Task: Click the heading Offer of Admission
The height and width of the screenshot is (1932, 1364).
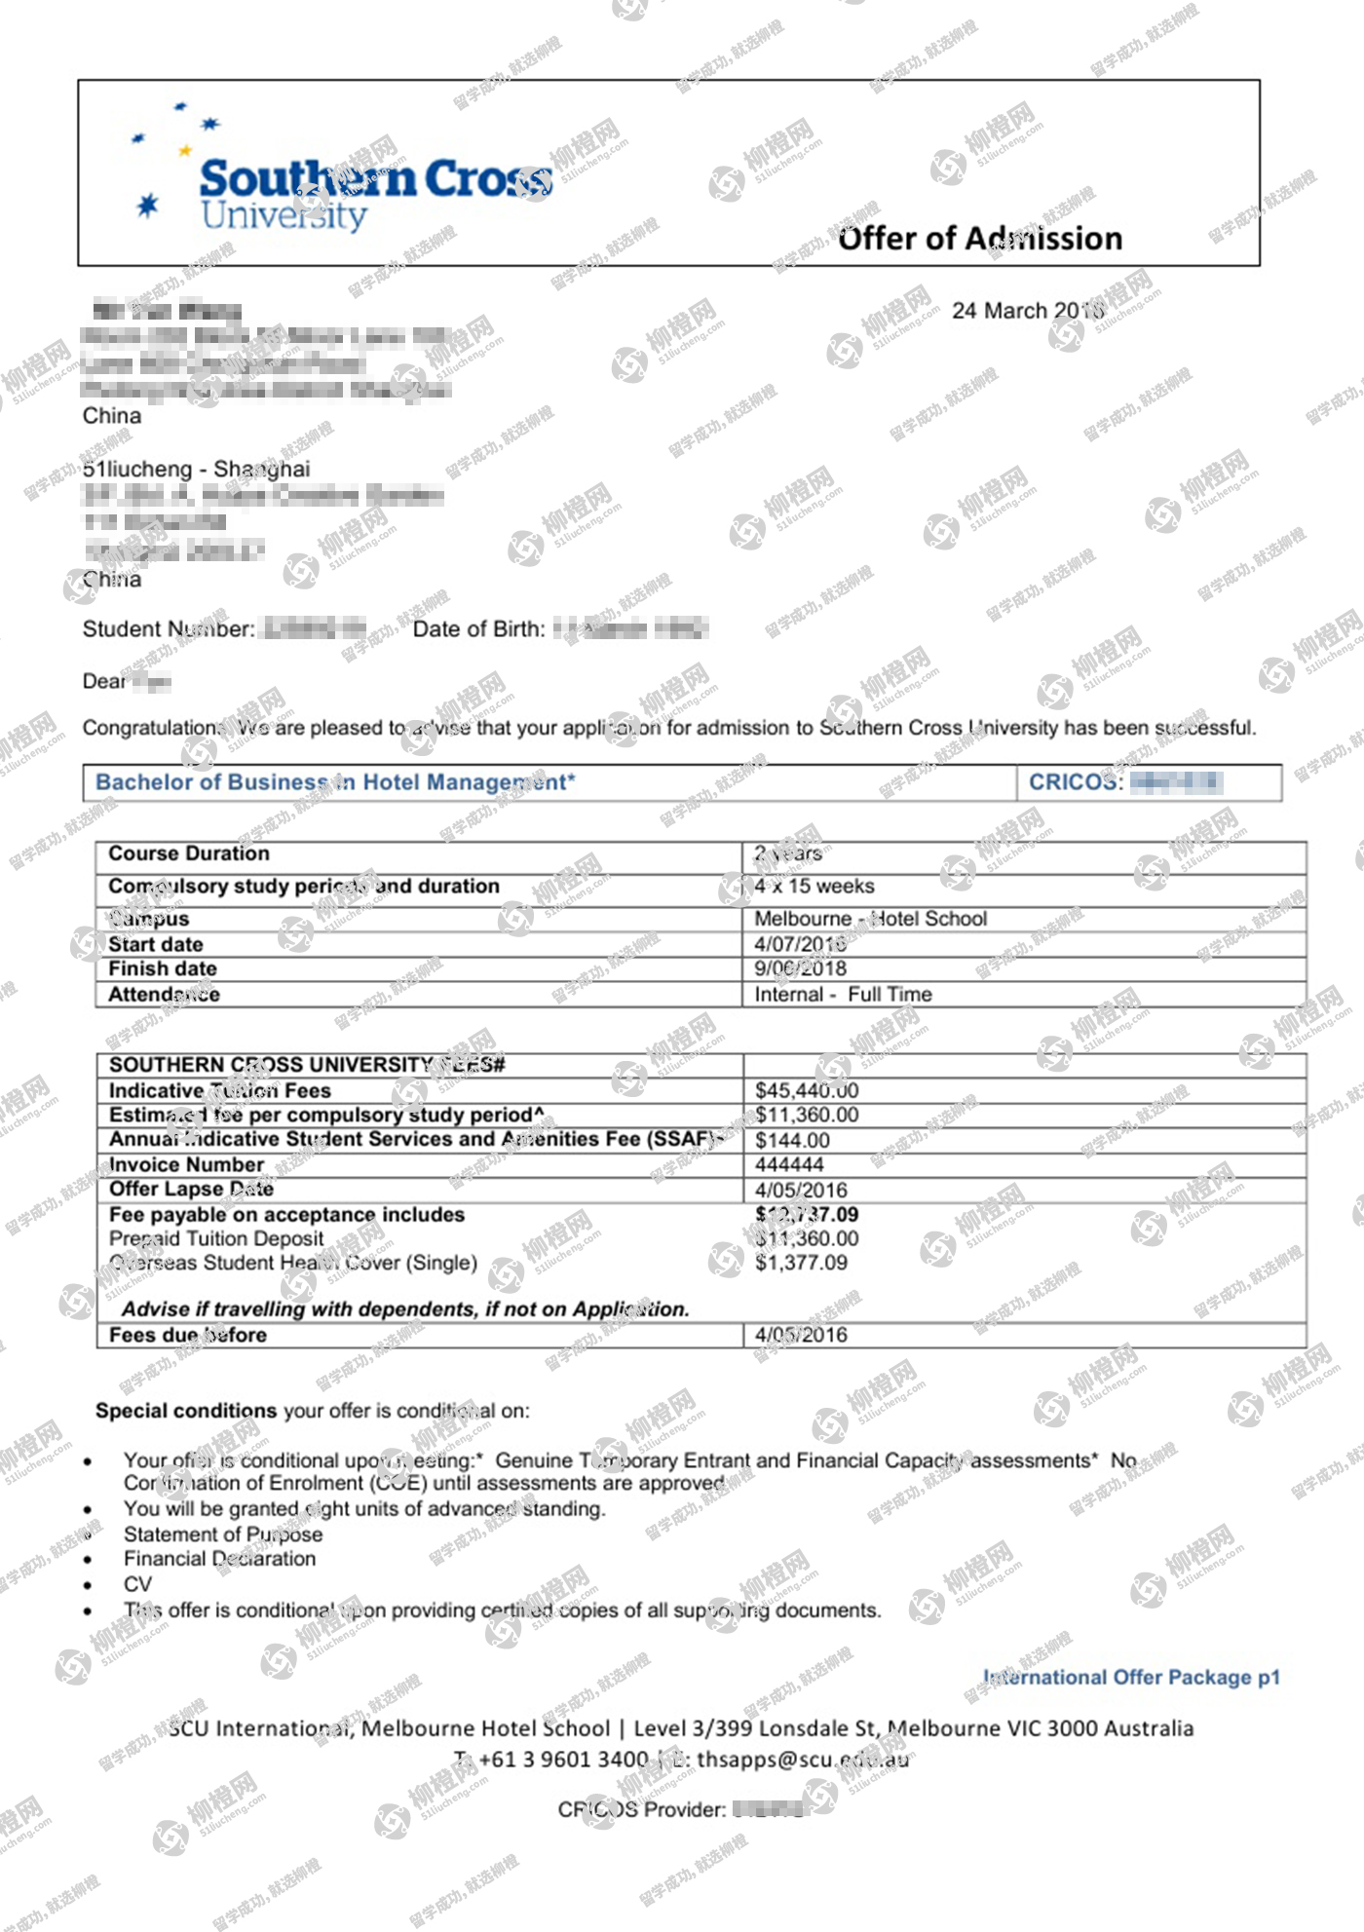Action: (979, 239)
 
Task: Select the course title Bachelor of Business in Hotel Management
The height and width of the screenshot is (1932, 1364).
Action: (335, 782)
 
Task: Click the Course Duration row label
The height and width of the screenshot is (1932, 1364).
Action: (189, 853)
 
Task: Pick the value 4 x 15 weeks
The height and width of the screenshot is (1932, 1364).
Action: (815, 887)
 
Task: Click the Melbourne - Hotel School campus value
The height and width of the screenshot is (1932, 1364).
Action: (870, 919)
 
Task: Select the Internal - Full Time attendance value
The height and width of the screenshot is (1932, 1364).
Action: (843, 995)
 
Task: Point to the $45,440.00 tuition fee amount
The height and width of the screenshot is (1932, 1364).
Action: (807, 1090)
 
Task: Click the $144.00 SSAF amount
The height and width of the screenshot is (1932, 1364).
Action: (792, 1140)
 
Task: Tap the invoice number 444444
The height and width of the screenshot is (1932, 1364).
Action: (789, 1165)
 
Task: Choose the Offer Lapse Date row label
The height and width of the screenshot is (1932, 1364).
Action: (191, 1190)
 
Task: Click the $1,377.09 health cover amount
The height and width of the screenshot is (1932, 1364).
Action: (801, 1264)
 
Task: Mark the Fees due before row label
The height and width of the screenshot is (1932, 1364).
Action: (187, 1336)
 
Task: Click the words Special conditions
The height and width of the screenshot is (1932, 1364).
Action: (186, 1411)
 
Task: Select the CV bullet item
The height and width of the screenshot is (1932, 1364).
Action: (137, 1584)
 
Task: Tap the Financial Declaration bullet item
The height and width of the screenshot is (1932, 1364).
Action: (219, 1559)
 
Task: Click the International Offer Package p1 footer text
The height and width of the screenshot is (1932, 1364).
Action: (1131, 1678)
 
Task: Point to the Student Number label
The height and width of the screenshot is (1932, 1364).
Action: (169, 629)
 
